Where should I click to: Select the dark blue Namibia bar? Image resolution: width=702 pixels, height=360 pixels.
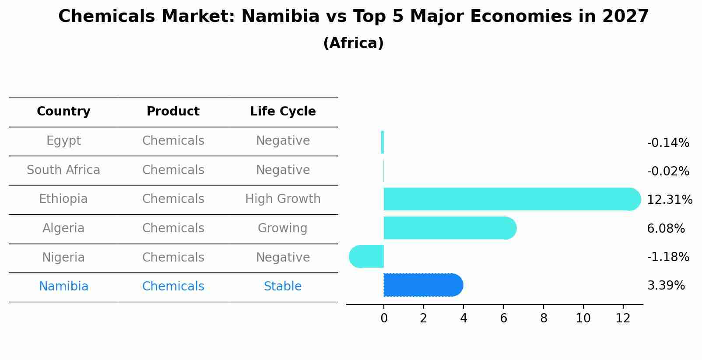[x=423, y=285]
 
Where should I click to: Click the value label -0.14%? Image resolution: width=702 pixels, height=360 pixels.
[x=668, y=143]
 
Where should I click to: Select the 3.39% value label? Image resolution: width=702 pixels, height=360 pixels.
[x=666, y=286]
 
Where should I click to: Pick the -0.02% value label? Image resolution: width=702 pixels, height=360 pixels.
[x=668, y=171]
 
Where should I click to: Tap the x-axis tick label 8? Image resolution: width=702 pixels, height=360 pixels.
[x=544, y=318]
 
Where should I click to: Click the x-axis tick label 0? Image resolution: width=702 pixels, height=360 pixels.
[x=384, y=318]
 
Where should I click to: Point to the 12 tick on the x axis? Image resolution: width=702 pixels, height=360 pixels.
[x=623, y=318]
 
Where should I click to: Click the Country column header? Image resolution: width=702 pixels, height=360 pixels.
[x=63, y=112]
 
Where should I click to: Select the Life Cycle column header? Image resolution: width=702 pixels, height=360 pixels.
[x=283, y=112]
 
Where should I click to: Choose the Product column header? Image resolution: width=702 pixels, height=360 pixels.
[x=173, y=112]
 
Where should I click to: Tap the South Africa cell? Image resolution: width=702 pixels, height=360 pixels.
[x=63, y=170]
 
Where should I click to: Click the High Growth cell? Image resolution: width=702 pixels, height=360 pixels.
[x=283, y=199]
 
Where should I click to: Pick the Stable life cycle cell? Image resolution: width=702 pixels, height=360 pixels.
[x=283, y=287]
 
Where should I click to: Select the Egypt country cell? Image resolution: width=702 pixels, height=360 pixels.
[x=63, y=141]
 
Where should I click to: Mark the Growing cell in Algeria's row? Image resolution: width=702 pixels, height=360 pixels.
[x=283, y=228]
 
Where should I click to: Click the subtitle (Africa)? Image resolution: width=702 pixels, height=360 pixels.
[x=353, y=43]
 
